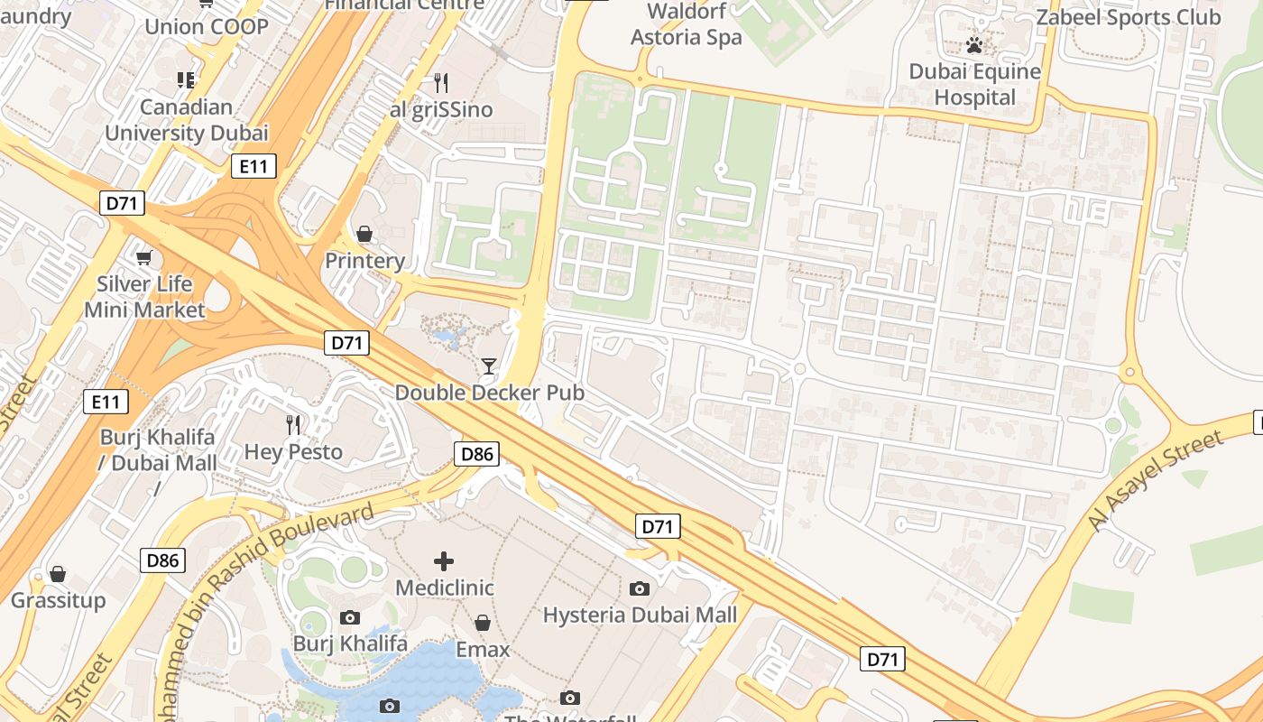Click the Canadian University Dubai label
[187, 120]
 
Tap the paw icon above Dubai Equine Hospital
[974, 44]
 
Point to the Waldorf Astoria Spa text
[686, 24]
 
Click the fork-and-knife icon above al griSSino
[441, 83]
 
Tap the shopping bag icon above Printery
[364, 234]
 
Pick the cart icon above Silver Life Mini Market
[143, 258]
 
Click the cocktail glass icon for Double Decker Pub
[489, 366]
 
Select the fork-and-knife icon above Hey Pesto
[293, 424]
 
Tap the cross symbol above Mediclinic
[444, 561]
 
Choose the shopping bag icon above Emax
[483, 623]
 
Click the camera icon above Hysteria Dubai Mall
[640, 588]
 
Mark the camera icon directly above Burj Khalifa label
[350, 617]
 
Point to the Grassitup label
[59, 600]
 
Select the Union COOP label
[207, 26]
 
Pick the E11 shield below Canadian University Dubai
[254, 166]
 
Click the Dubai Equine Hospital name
[974, 84]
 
